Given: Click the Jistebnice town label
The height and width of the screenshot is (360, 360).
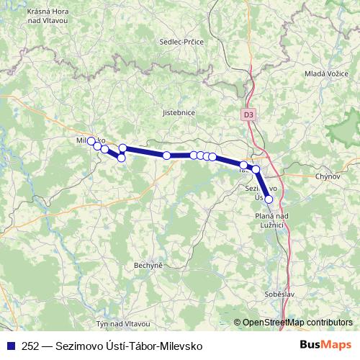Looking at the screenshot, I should coord(179,113).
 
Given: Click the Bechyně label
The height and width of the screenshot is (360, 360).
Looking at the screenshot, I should coord(148,266).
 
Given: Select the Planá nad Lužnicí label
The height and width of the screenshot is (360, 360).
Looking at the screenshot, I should coord(271,220).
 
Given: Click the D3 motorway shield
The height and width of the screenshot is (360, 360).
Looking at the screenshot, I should coord(248,114).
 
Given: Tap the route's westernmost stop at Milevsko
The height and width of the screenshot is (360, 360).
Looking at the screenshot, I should coord(91,141).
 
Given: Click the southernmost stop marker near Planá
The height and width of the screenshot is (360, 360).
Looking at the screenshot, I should coord(269,199).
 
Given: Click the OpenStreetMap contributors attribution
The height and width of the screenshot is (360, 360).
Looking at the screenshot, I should coord(297,322).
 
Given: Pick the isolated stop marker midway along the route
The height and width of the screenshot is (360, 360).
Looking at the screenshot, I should coord(166,156).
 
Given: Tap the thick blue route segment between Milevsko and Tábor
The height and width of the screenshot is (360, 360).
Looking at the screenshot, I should coord(144,152).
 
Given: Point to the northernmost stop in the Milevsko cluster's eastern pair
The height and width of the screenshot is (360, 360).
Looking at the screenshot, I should coord(122,148).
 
